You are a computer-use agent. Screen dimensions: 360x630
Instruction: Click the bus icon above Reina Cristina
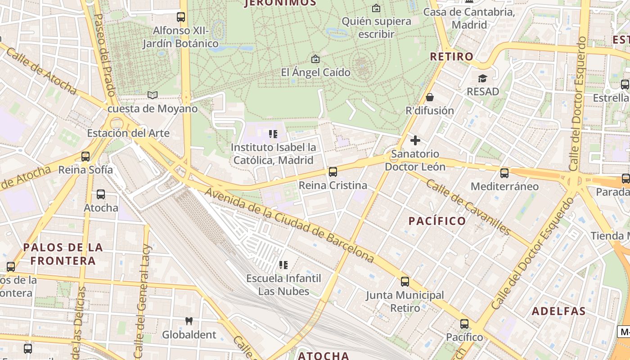(x=333, y=171)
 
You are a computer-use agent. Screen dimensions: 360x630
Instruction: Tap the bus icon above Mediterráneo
(x=504, y=173)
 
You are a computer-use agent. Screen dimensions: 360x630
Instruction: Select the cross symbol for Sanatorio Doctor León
(x=415, y=140)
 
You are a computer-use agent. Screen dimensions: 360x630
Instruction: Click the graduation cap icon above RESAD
(x=482, y=78)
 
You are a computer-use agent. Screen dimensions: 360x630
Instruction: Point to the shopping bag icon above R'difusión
(x=430, y=97)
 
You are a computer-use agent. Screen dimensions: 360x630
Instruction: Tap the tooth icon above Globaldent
(x=189, y=321)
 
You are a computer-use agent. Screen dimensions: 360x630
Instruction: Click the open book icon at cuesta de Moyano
(x=153, y=95)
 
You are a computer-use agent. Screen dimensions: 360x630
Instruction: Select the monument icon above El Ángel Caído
(x=315, y=59)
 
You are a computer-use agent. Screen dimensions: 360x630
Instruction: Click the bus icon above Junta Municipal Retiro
(x=405, y=282)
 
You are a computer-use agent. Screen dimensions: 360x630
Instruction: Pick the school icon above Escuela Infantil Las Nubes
(x=283, y=265)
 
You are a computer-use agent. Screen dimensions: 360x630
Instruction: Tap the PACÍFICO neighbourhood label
(x=437, y=221)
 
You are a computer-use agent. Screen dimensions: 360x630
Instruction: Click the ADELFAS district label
(x=558, y=311)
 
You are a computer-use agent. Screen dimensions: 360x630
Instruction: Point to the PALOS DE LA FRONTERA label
(x=63, y=254)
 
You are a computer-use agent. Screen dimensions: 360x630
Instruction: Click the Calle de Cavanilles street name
(x=468, y=207)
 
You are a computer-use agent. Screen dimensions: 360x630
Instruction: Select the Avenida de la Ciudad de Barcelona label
(x=290, y=225)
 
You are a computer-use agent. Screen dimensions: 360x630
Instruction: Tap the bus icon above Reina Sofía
(x=85, y=157)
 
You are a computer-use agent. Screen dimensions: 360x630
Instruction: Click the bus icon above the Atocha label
(x=101, y=194)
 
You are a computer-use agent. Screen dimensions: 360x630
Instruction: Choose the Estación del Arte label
(x=128, y=133)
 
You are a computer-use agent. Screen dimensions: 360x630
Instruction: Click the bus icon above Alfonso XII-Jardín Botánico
(x=180, y=17)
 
